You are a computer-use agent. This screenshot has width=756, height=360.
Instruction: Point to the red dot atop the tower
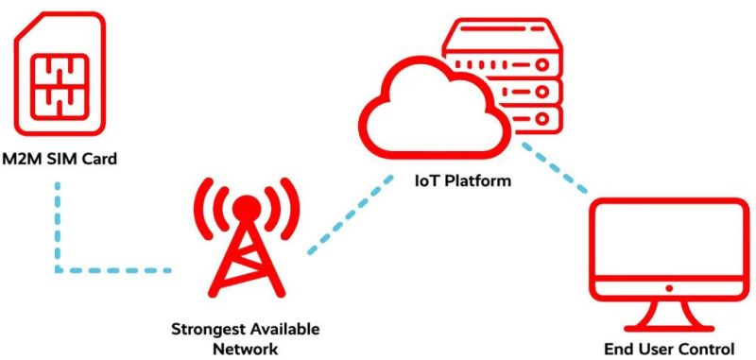click(247, 205)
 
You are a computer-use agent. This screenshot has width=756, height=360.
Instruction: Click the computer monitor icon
click(667, 255)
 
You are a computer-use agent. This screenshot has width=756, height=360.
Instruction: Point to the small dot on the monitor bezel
click(667, 285)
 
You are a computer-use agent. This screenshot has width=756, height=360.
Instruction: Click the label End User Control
click(667, 349)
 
